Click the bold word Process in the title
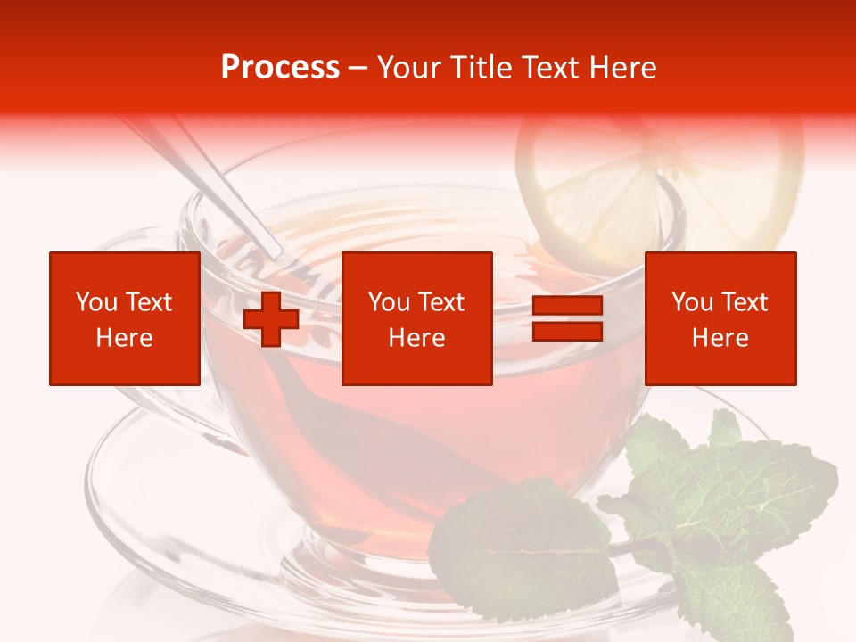coord(280,68)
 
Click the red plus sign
coord(271,319)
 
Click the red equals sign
coord(567,319)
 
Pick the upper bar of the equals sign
coord(567,306)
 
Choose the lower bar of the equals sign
coord(567,332)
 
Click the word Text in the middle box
coord(440,302)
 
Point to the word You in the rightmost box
coord(693,302)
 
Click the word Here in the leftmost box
coord(124,338)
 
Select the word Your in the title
coord(409,68)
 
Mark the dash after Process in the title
coord(358,68)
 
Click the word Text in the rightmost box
coord(744,302)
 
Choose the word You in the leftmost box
coord(97,302)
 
